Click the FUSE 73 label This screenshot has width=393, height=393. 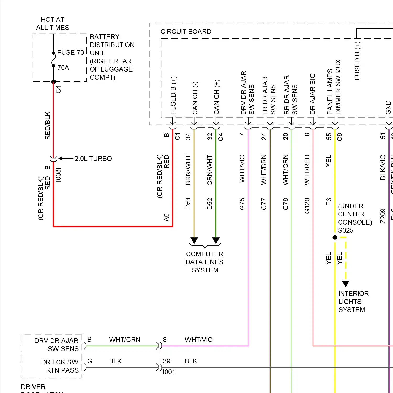coord(70,53)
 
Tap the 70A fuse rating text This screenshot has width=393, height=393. coord(63,68)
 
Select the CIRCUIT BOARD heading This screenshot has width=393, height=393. coord(186,32)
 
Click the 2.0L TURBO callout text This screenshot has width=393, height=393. coord(93,159)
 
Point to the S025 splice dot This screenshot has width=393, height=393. coord(335,237)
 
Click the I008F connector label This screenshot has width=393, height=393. coord(58,173)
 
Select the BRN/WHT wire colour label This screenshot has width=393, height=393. coord(188,170)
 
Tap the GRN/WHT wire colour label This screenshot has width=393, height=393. coord(210,170)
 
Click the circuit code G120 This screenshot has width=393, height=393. coord(307,206)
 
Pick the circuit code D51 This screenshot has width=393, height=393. coord(188,203)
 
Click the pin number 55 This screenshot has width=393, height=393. coord(329,137)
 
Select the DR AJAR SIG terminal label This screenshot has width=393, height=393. coord(313,94)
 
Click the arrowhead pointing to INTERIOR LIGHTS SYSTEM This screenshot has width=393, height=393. coord(346,284)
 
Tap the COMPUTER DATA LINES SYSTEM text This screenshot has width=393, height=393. coord(205,262)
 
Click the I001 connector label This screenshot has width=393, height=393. coord(169,372)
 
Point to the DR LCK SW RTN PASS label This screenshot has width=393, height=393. coord(60,366)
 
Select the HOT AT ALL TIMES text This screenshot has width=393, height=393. coord(53,24)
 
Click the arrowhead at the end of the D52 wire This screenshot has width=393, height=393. coord(216,241)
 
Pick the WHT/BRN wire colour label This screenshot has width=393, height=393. coord(264,170)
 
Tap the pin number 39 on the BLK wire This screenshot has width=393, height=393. coord(167,361)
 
